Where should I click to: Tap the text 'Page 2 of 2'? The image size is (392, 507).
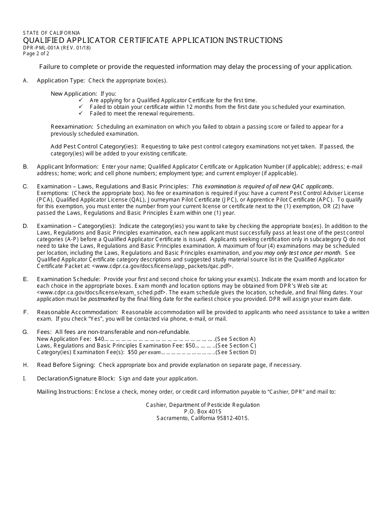[x=36, y=53]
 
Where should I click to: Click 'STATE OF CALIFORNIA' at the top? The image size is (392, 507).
[x=52, y=33]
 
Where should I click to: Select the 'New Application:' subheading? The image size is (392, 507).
[x=74, y=94]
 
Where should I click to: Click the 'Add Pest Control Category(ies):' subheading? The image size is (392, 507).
[x=94, y=146]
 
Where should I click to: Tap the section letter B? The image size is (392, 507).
[x=26, y=167]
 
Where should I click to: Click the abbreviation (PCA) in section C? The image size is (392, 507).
[x=44, y=200]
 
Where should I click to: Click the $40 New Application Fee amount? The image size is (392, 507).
[x=99, y=339]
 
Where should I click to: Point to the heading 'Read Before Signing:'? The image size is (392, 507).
[x=66, y=365]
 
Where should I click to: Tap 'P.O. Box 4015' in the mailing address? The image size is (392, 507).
[x=203, y=411]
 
